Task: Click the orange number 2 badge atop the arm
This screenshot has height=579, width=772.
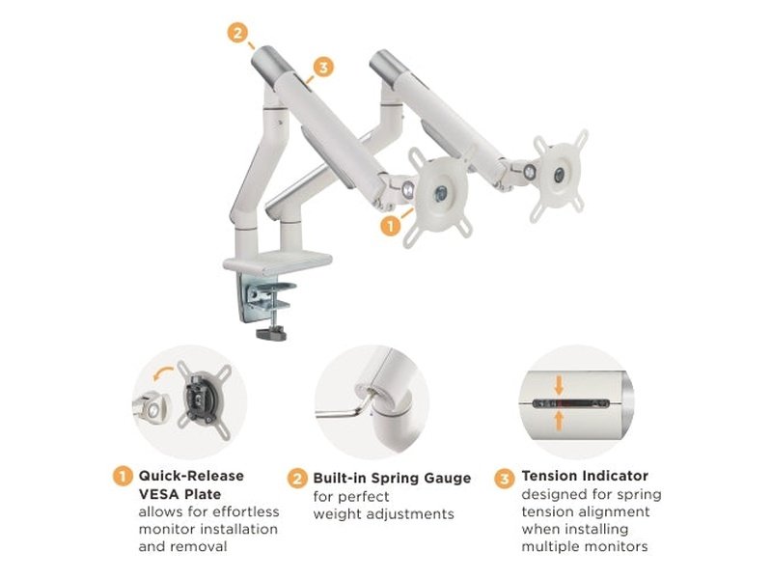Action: [x=238, y=32]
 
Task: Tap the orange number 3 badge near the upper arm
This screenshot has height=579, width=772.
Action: [x=324, y=67]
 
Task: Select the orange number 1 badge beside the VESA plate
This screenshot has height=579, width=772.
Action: [x=390, y=225]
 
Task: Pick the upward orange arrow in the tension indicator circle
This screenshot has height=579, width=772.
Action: [x=559, y=418]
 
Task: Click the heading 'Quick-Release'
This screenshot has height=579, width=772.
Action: [x=191, y=476]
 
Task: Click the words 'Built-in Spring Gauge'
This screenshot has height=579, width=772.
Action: [x=392, y=479]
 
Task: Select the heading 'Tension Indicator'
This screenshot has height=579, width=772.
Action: [x=585, y=476]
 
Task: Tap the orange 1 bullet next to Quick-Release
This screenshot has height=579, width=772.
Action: [x=123, y=476]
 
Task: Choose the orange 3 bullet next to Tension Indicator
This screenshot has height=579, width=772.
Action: [x=505, y=477]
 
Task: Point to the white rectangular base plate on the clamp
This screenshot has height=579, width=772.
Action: [x=277, y=262]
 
